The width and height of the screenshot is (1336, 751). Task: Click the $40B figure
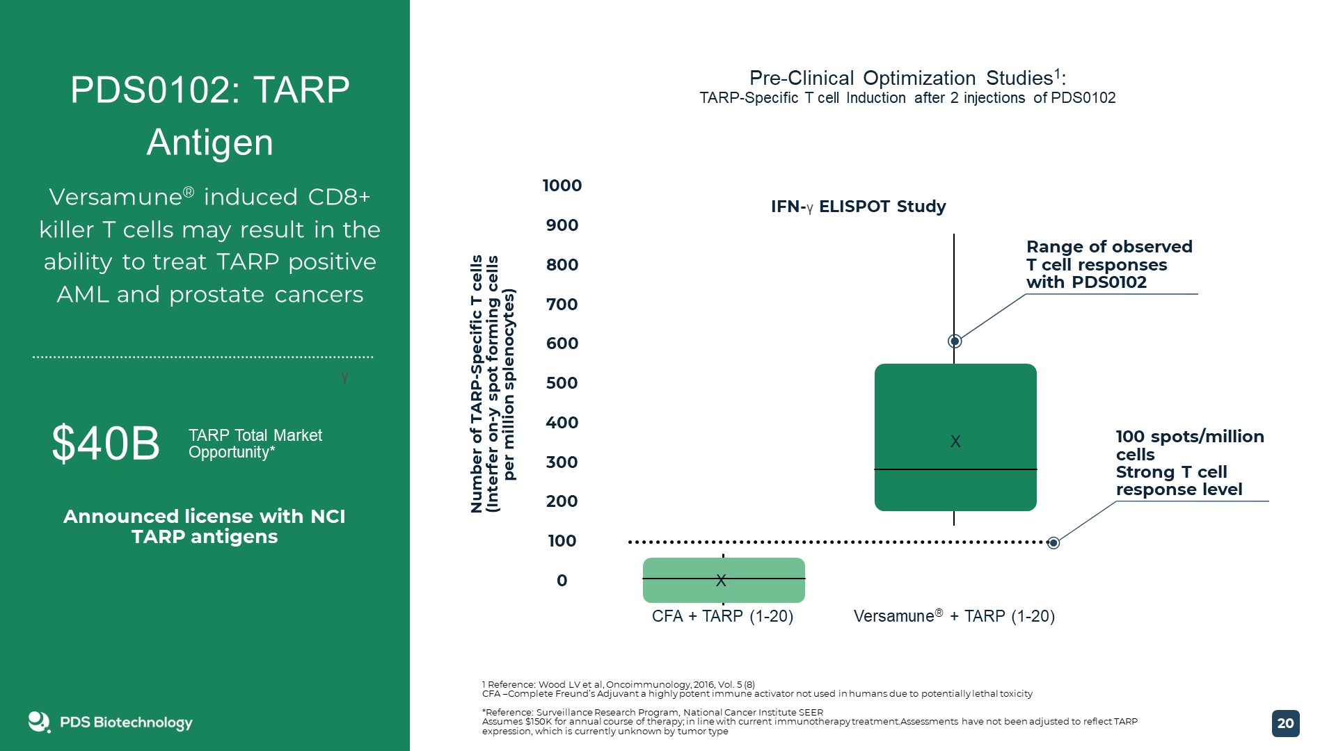pos(106,443)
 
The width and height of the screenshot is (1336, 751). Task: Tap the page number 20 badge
pos(1285,723)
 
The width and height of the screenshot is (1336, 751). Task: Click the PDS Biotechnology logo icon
pos(39,722)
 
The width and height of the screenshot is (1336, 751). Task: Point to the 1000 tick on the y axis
pos(562,186)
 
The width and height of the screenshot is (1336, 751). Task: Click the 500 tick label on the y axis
pos(562,383)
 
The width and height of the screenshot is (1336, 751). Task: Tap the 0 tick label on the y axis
pos(562,581)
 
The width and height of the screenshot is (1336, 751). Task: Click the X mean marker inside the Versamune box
pos(955,442)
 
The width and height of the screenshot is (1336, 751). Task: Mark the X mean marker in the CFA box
pos(721,580)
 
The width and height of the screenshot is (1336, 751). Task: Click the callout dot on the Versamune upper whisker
pos(955,341)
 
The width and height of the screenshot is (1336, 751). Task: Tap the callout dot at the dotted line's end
pos(1053,542)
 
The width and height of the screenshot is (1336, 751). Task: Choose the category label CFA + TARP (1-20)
pos(722,616)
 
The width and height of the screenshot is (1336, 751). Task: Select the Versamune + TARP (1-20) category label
pos(954,616)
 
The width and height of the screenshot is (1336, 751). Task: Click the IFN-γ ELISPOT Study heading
pos(858,207)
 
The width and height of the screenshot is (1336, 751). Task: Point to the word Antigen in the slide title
pos(209,142)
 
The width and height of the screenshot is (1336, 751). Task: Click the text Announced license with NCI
pos(204,517)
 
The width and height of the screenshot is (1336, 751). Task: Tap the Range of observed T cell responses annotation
pos(1108,264)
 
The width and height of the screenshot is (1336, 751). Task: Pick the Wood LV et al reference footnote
pos(618,684)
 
